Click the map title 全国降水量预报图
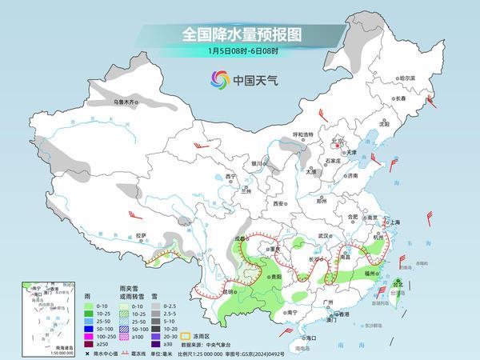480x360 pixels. click(x=240, y=34)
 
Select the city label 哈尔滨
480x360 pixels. click(x=408, y=78)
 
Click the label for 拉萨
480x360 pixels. click(x=141, y=235)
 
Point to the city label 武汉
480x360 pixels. click(x=324, y=236)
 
